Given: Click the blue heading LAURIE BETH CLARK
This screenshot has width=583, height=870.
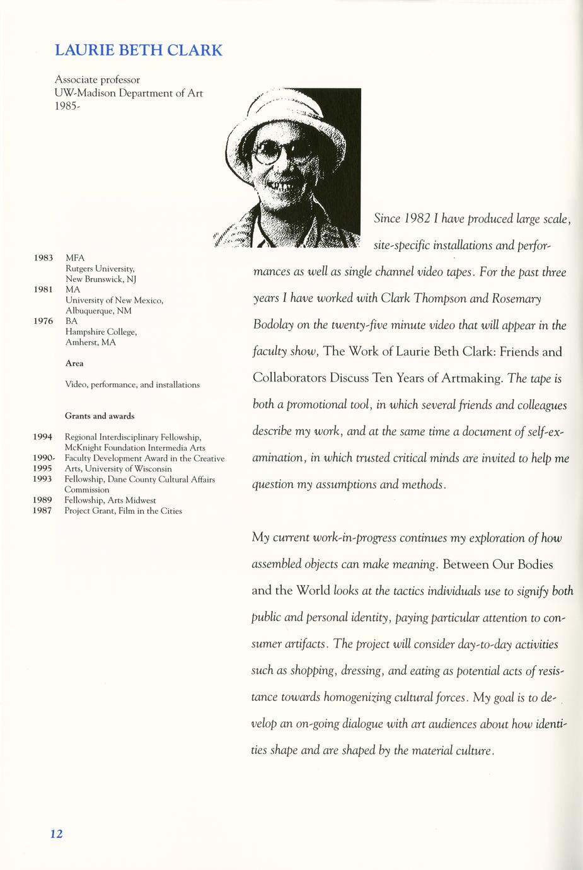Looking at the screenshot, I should [139, 50].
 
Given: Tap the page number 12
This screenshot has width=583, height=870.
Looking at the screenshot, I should [56, 833].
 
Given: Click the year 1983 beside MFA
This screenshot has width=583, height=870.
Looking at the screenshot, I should [43, 258].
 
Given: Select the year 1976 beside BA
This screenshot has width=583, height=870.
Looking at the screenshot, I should [43, 321].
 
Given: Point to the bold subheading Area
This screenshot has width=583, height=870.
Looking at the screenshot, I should [74, 363].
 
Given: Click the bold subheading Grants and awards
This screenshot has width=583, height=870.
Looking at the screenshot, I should [100, 416].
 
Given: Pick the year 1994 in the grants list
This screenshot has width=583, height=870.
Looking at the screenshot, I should [42, 437].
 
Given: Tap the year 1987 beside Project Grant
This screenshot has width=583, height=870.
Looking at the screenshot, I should [42, 511].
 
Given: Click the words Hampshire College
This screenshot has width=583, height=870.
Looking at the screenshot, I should [101, 332].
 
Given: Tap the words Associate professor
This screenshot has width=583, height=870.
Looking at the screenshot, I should [97, 80].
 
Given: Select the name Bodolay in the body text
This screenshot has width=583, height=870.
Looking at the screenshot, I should [273, 325].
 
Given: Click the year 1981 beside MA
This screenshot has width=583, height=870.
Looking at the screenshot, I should [43, 289].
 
